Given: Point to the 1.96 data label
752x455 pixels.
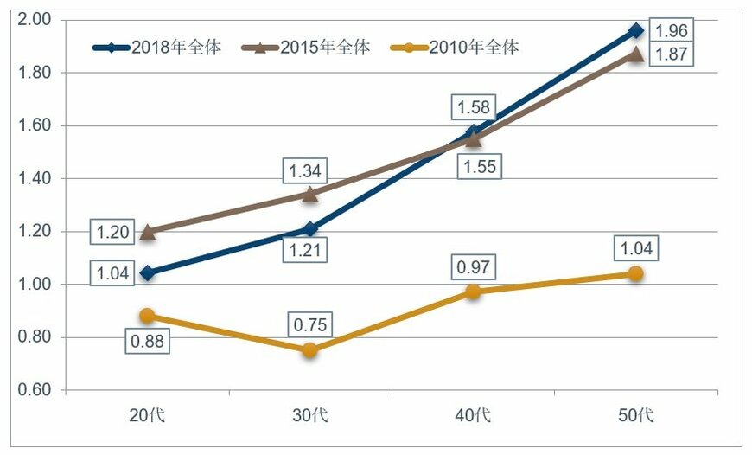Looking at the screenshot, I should click(x=672, y=30).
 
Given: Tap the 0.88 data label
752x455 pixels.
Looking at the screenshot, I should click(x=147, y=340).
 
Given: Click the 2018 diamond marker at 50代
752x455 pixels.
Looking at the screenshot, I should click(x=636, y=30).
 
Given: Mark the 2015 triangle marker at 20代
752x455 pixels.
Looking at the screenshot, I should click(x=148, y=231).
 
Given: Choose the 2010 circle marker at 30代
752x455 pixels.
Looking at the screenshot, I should click(x=310, y=350).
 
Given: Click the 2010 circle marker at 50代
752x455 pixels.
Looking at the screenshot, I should click(x=636, y=273).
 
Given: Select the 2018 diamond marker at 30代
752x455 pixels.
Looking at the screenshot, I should click(x=310, y=229).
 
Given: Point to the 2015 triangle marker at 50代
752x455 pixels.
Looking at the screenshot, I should click(x=636, y=54).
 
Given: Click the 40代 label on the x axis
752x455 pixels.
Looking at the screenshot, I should click(x=474, y=414).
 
